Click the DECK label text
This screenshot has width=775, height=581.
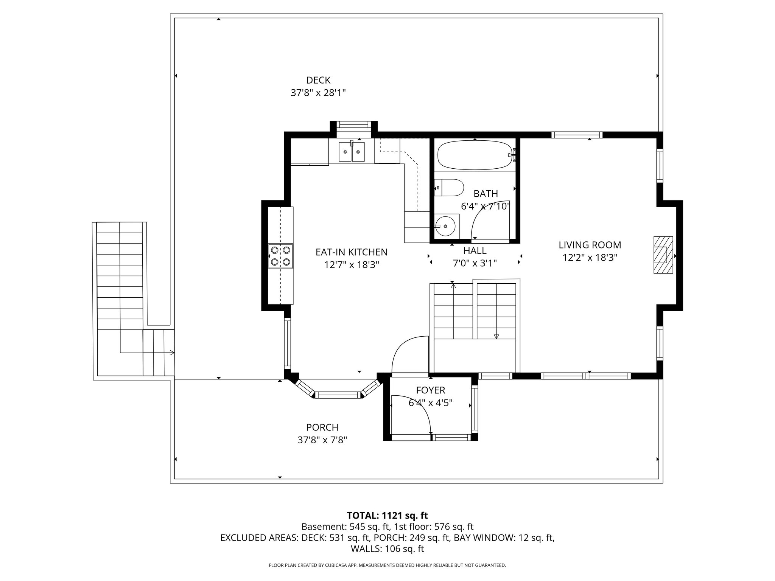tap(318, 80)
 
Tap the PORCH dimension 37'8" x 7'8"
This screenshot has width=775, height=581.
tap(322, 440)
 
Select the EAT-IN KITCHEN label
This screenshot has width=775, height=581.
tap(352, 252)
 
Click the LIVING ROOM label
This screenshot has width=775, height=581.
tap(590, 245)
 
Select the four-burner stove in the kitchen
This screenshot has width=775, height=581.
tap(280, 256)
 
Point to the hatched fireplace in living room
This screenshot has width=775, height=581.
tap(663, 255)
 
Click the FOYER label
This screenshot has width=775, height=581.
tap(431, 390)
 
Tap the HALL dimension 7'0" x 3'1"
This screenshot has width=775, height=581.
tap(475, 263)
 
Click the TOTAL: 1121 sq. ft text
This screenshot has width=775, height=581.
tap(387, 515)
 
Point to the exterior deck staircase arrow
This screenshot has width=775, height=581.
tap(172, 353)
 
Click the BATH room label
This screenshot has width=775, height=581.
tap(486, 194)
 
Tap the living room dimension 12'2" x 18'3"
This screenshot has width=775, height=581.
tap(590, 258)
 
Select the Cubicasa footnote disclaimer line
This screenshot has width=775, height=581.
tap(387, 565)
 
